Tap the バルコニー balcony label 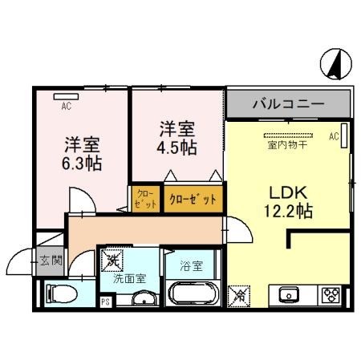(x=288, y=104)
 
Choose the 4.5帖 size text (x=176, y=148)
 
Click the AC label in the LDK (x=334, y=137)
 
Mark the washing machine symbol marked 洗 (x=112, y=261)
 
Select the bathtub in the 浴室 (x=193, y=293)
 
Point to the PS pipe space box (x=105, y=301)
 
